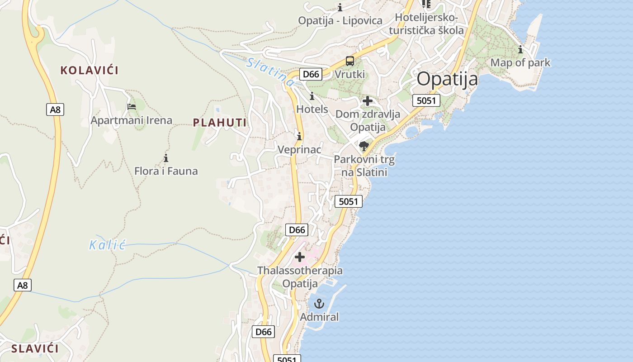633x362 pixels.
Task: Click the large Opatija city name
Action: (x=447, y=79)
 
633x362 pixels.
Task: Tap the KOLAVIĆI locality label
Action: (x=90, y=70)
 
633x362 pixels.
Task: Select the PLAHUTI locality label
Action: (x=220, y=123)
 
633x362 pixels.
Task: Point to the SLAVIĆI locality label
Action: (x=35, y=348)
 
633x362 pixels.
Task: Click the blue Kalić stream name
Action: (x=107, y=246)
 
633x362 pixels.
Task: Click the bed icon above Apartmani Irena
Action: (x=132, y=107)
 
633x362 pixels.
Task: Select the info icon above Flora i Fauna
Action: (x=166, y=158)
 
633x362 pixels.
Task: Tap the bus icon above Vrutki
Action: (x=350, y=61)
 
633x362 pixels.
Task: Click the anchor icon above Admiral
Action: (x=319, y=303)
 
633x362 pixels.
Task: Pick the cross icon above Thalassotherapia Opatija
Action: (x=299, y=257)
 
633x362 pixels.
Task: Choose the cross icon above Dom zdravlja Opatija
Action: (x=368, y=100)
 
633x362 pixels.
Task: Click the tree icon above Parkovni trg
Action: (x=364, y=146)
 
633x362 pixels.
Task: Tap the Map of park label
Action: (x=520, y=62)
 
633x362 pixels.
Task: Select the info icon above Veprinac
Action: (x=299, y=136)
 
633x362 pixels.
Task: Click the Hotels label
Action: (x=312, y=109)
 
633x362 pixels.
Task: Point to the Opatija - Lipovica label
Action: (x=340, y=20)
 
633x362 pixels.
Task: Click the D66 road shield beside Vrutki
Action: (x=311, y=74)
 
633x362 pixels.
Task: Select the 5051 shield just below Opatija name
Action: (x=426, y=100)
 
